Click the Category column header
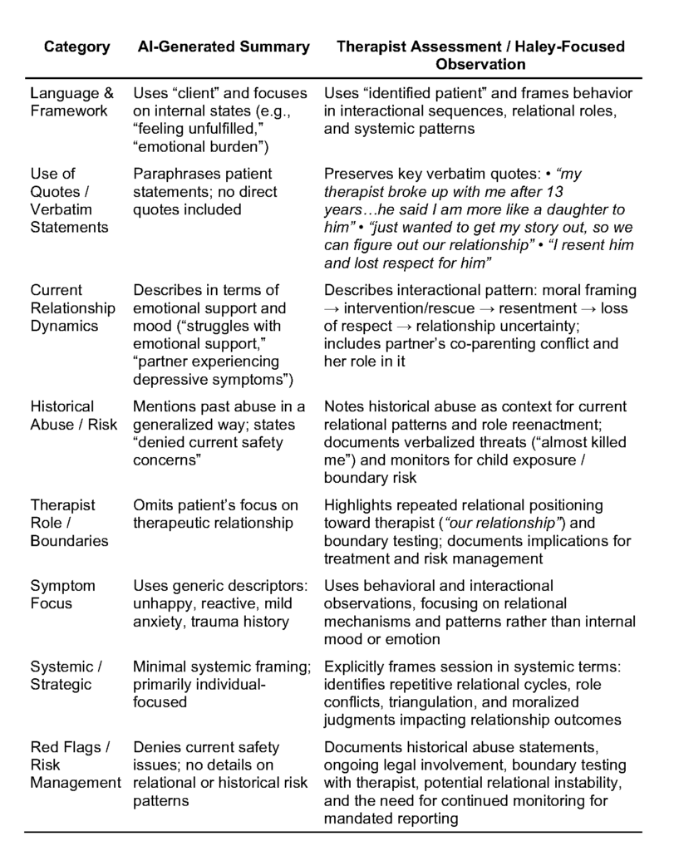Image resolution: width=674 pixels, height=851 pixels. click(x=76, y=47)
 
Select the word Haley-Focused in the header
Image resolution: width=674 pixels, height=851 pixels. click(x=575, y=47)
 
